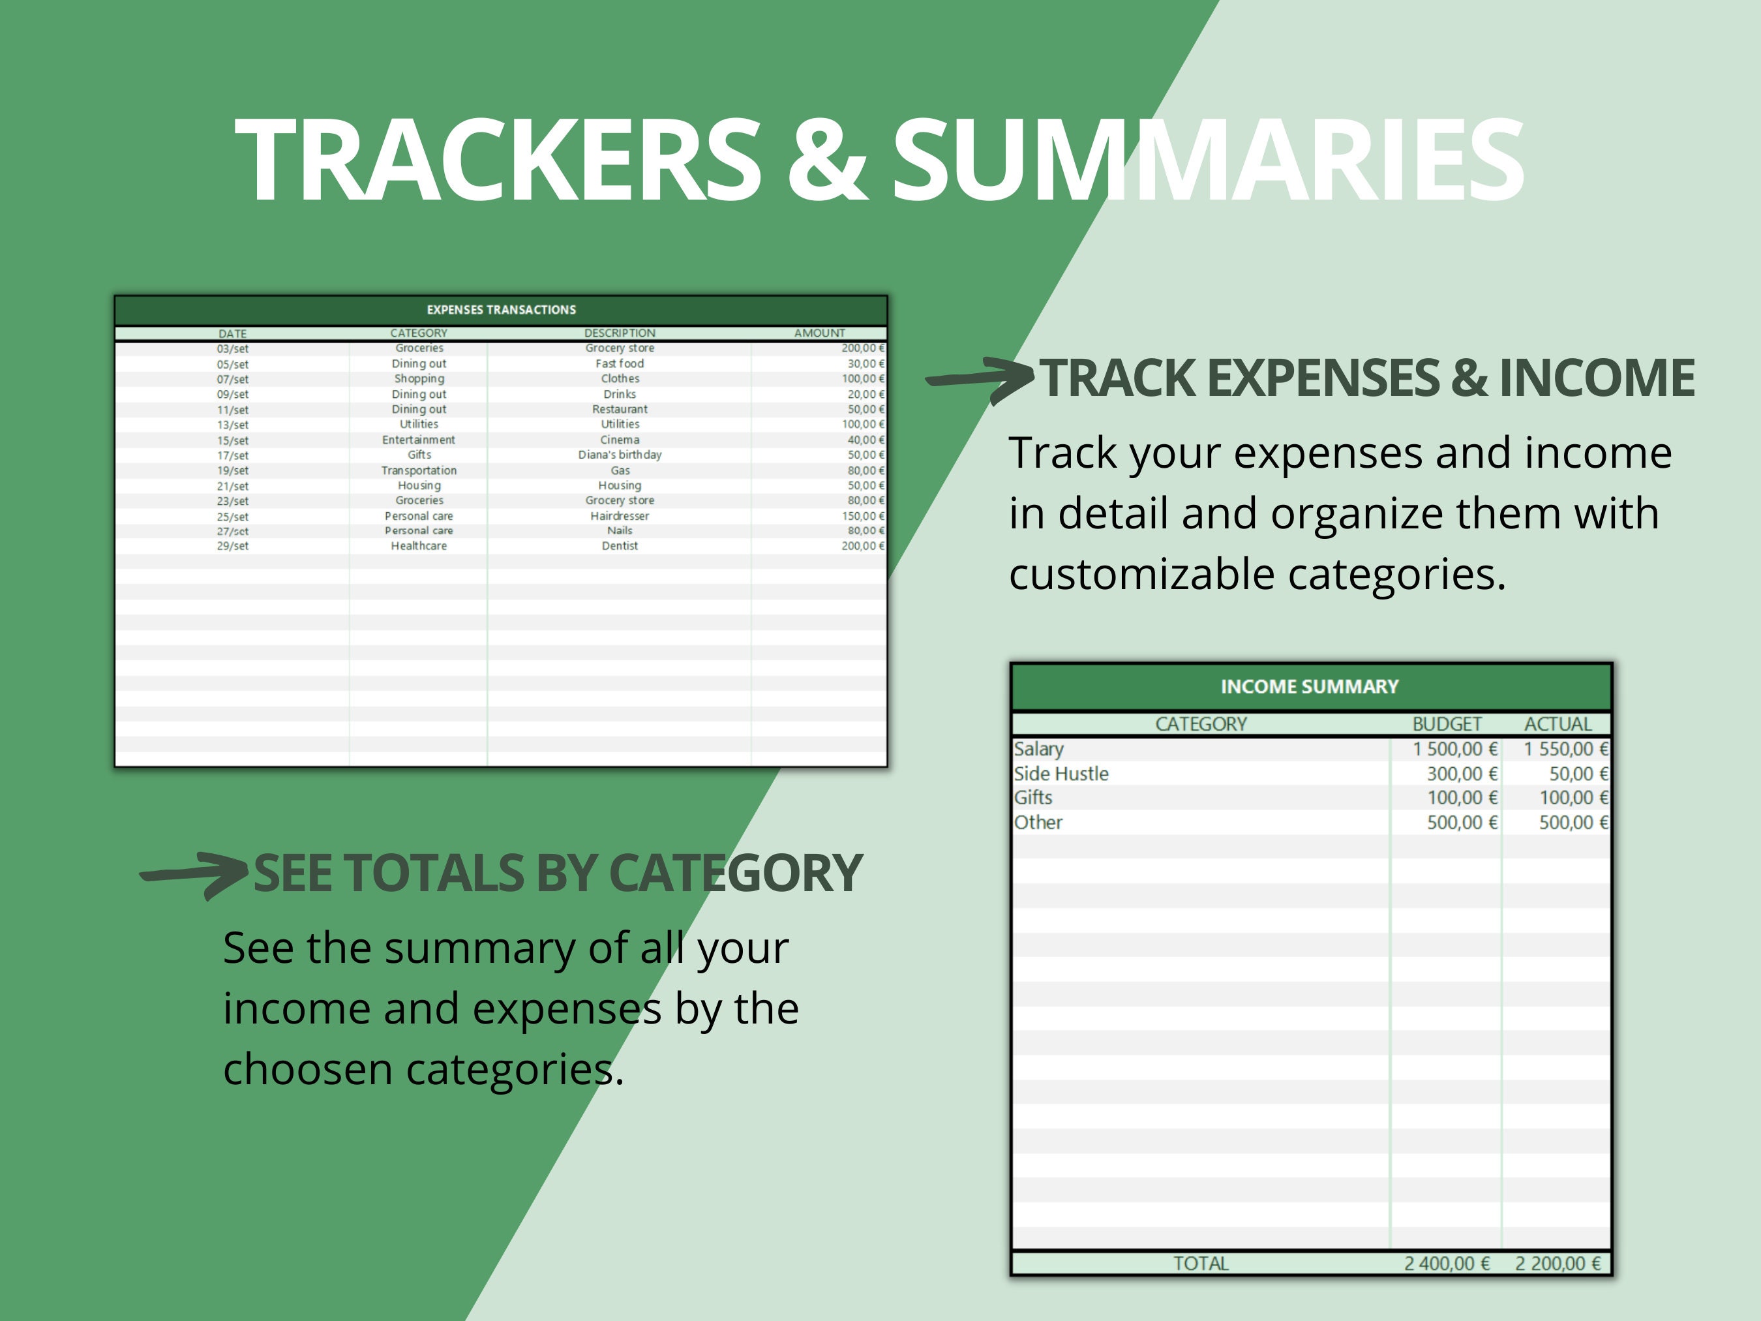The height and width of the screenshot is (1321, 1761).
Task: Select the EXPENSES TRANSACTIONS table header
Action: pyautogui.click(x=501, y=310)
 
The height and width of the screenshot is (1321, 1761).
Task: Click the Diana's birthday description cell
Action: pyautogui.click(x=620, y=455)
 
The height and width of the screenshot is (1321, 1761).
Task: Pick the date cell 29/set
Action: pyautogui.click(x=232, y=546)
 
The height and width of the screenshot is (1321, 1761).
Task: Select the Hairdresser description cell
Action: pyautogui.click(x=620, y=516)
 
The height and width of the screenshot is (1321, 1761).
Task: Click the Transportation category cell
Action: pyautogui.click(x=419, y=470)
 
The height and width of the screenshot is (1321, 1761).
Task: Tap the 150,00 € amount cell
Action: pyautogui.click(x=862, y=516)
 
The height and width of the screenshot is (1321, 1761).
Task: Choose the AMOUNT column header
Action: pyautogui.click(x=819, y=333)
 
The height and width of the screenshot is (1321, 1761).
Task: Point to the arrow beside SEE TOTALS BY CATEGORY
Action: pyautogui.click(x=195, y=874)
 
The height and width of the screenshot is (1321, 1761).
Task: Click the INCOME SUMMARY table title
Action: pyautogui.click(x=1310, y=686)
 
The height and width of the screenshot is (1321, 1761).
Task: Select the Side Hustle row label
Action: pyautogui.click(x=1061, y=773)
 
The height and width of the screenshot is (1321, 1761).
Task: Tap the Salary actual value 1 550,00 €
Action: pyautogui.click(x=1565, y=750)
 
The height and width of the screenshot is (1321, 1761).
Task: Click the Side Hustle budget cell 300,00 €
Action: pyautogui.click(x=1461, y=773)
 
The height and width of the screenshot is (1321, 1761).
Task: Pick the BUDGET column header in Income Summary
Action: pyautogui.click(x=1447, y=724)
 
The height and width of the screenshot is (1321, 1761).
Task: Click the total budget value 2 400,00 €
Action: pyautogui.click(x=1447, y=1264)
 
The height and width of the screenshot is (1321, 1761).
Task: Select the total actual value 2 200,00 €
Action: pyautogui.click(x=1558, y=1264)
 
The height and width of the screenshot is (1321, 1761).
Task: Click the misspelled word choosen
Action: pyautogui.click(x=308, y=1069)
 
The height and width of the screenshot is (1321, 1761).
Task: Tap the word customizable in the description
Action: pyautogui.click(x=1141, y=574)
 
